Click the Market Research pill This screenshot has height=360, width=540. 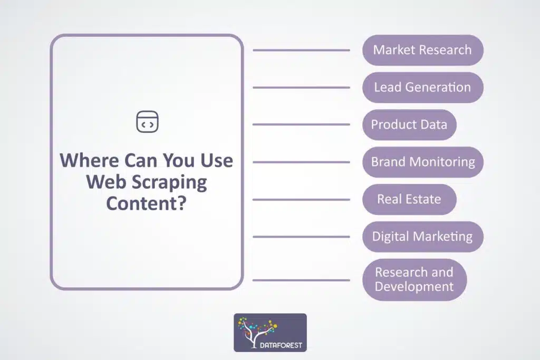tap(422, 50)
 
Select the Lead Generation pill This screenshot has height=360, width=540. tap(422, 87)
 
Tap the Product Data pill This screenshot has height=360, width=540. tap(409, 125)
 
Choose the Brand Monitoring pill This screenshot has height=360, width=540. tap(422, 162)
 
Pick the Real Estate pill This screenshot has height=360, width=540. tap(409, 199)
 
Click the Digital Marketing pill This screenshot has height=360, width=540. tap(422, 237)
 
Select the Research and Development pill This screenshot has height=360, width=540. tap(414, 280)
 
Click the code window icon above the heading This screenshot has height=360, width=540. tap(148, 122)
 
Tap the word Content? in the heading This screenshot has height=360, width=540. tap(147, 202)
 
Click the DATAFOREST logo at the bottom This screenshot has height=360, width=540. tap(270, 333)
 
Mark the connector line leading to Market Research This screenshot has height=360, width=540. tap(301, 50)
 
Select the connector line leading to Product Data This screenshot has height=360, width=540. tap(301, 125)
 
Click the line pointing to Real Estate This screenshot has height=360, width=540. tap(301, 199)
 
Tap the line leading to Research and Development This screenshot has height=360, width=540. tap(301, 280)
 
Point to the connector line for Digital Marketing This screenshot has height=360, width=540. tap(301, 237)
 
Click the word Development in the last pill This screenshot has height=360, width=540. tap(414, 287)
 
